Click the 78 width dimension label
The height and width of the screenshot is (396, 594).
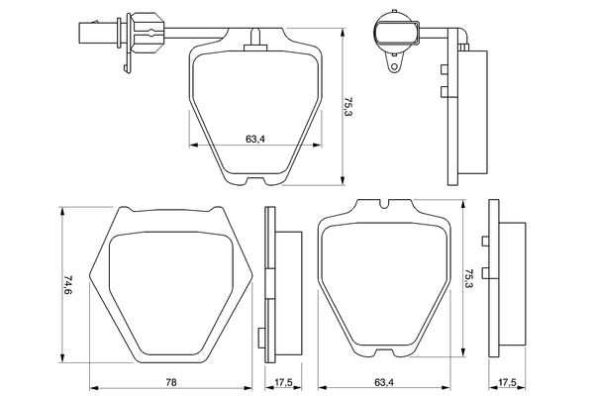(x=170, y=382)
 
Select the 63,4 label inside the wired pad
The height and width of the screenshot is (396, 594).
(x=254, y=138)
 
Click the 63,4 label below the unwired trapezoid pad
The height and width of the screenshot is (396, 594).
(x=385, y=382)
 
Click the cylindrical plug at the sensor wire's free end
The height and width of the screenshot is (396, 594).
(x=86, y=29)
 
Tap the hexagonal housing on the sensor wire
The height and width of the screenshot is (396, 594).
(x=135, y=28)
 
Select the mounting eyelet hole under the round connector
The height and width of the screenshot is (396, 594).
(x=395, y=68)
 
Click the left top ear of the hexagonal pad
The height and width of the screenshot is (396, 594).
(x=126, y=210)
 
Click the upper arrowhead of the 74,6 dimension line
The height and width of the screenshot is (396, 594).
(x=62, y=210)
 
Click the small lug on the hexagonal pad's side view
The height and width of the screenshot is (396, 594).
(x=264, y=337)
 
